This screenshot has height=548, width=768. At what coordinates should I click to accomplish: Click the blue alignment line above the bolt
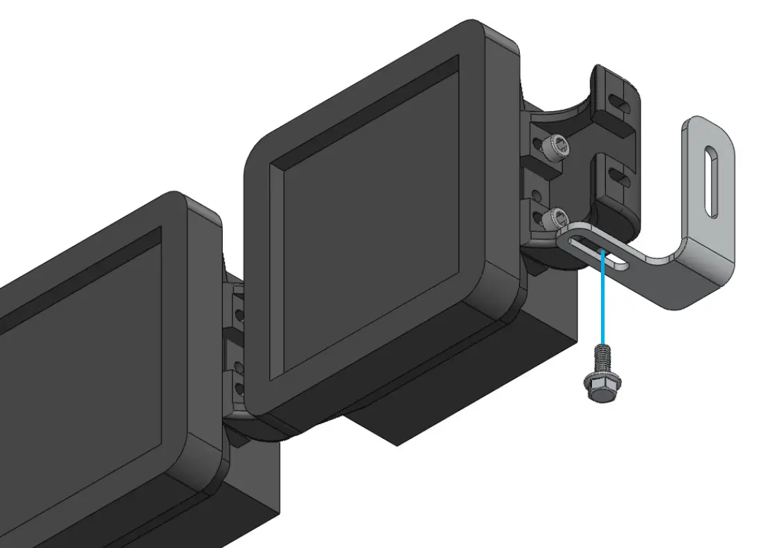pyautogui.click(x=602, y=299)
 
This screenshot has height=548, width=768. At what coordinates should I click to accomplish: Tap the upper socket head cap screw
pyautogui.click(x=558, y=146)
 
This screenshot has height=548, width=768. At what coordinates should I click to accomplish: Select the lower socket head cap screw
pyautogui.click(x=558, y=219)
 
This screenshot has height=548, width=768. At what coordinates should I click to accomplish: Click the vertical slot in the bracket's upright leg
pyautogui.click(x=712, y=181)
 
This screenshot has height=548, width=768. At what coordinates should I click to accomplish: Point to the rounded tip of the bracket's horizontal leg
pyautogui.click(x=565, y=240)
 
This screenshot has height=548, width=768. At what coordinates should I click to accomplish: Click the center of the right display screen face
pyautogui.click(x=365, y=229)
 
